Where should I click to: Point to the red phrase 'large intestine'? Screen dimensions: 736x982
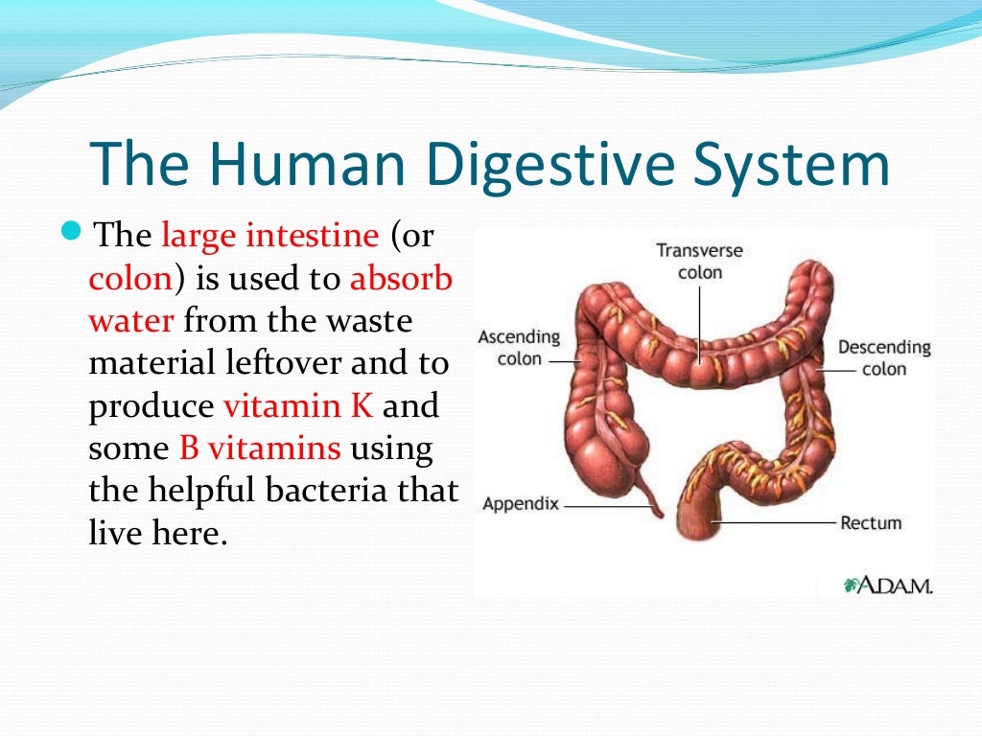(x=269, y=235)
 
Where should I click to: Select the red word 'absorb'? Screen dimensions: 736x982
(x=401, y=278)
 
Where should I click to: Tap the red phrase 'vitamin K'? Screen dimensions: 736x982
(x=297, y=405)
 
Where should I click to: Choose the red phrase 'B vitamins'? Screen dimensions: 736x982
(x=259, y=448)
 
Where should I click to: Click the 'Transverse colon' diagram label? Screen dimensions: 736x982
(x=699, y=262)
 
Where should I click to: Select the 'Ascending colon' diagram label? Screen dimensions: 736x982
(x=519, y=348)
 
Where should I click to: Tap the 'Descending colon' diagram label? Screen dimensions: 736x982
(x=883, y=357)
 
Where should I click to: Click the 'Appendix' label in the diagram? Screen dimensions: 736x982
(x=521, y=503)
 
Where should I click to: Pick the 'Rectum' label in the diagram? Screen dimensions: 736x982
(x=871, y=522)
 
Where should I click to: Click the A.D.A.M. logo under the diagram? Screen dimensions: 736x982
(x=888, y=586)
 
